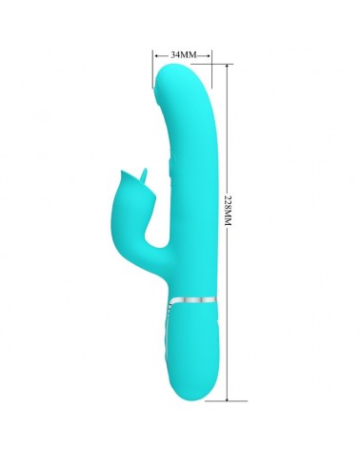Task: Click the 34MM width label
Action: tap(183, 54)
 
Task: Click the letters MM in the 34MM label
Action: tap(190, 54)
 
